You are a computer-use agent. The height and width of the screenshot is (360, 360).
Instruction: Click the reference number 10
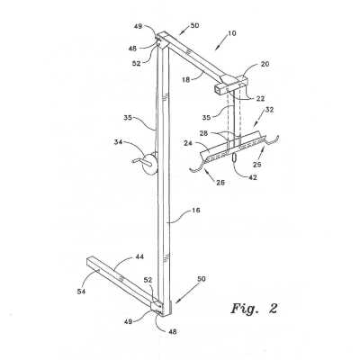tap(232, 32)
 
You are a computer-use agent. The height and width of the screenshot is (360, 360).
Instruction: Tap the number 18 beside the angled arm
tap(186, 80)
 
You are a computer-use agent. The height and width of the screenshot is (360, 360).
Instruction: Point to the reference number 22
tap(260, 98)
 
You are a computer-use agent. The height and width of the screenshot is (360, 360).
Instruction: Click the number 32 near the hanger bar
tap(269, 110)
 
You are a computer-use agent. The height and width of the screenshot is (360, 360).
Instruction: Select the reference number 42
tap(253, 177)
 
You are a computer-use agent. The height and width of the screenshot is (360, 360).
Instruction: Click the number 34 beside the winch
tap(118, 141)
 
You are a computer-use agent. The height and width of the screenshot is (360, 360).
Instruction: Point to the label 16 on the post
tap(195, 211)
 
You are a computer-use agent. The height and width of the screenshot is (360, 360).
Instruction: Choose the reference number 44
tap(139, 256)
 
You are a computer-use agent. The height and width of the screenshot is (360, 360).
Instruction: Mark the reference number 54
tap(81, 291)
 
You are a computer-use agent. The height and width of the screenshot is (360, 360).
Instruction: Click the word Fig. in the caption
tap(245, 308)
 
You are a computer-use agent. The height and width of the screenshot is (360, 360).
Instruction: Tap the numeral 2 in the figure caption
tap(273, 309)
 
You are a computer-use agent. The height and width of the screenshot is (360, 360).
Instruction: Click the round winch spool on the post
tap(149, 163)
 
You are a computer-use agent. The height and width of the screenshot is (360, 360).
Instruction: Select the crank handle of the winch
tap(140, 161)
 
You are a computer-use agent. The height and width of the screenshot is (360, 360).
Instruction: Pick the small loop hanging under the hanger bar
tap(235, 157)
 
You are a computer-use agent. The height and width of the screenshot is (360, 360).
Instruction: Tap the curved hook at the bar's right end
tap(273, 139)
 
